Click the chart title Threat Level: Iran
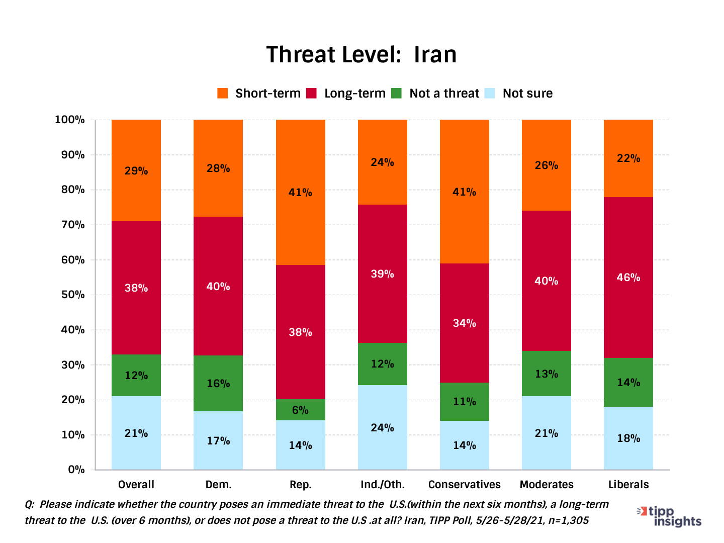click(361, 54)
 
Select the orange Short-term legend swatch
click(222, 94)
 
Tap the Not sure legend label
click(527, 94)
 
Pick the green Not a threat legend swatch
click(397, 94)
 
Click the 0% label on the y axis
click(75, 470)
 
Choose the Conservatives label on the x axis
click(464, 484)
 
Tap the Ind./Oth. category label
click(382, 484)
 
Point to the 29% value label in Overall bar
click(136, 171)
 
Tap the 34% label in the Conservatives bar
click(464, 323)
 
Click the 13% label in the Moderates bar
click(546, 374)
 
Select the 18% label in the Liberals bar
click(628, 438)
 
